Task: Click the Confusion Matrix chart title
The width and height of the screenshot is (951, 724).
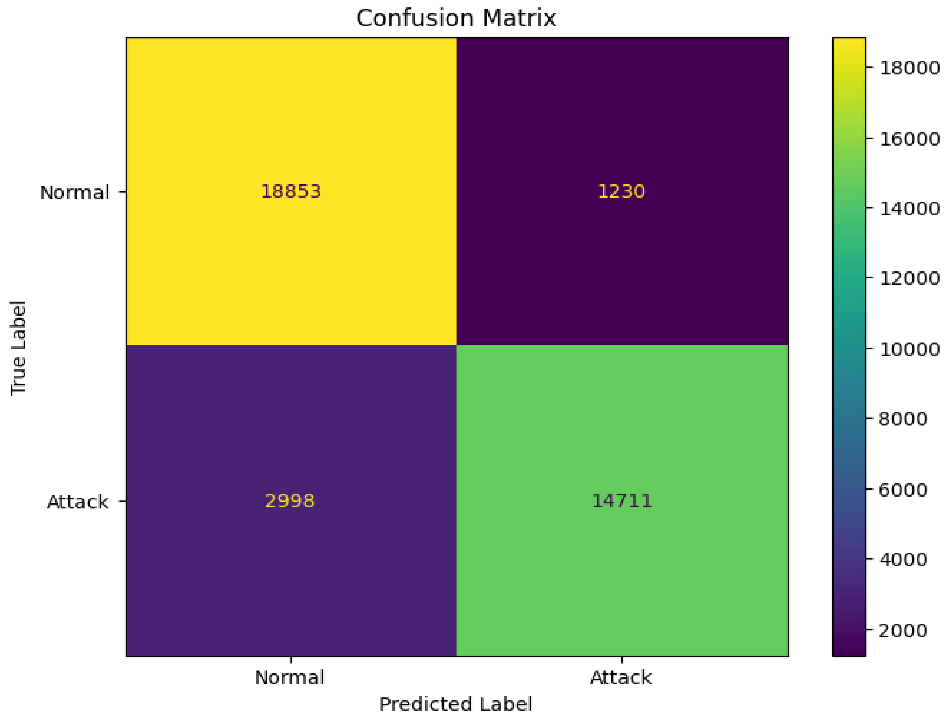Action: pyautogui.click(x=456, y=19)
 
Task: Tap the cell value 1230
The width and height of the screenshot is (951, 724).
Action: pyautogui.click(x=621, y=191)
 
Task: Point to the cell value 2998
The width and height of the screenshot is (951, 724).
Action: pyautogui.click(x=290, y=501)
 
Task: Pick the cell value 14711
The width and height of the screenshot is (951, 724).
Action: pyautogui.click(x=621, y=501)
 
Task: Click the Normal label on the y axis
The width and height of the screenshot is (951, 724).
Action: pyautogui.click(x=74, y=193)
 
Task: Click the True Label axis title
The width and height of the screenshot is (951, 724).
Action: pyautogui.click(x=18, y=348)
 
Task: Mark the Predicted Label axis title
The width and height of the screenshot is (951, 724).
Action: pyautogui.click(x=455, y=705)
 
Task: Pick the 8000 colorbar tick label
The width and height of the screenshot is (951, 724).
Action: pyautogui.click(x=903, y=419)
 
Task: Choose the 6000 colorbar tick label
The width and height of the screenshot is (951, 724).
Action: pyautogui.click(x=903, y=490)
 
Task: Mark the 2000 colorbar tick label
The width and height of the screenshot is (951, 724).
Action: pyautogui.click(x=903, y=630)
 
